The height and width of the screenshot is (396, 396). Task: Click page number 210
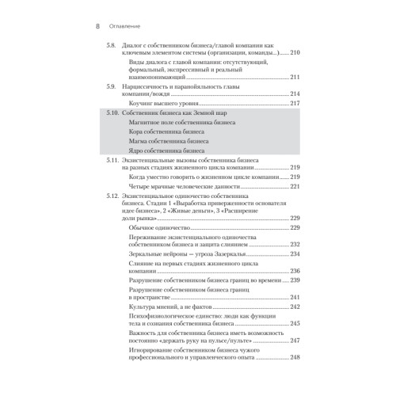(x=295, y=53)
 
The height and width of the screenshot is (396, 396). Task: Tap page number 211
(x=295, y=77)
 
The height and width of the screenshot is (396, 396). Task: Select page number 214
(x=295, y=93)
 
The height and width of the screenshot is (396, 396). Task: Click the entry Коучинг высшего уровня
(x=166, y=103)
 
